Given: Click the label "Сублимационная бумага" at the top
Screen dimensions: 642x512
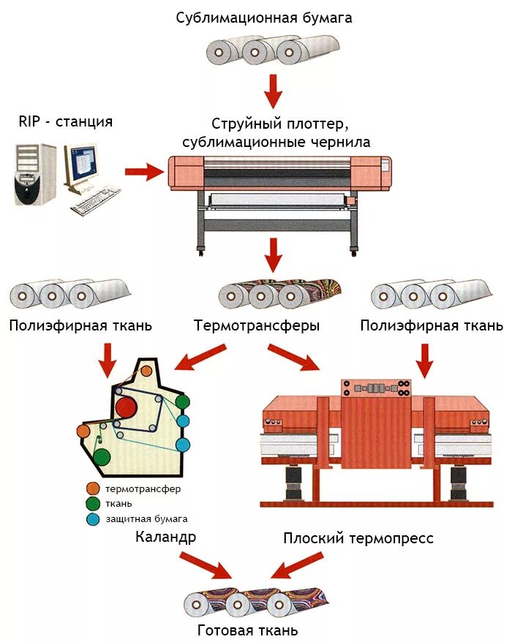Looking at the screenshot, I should coord(264,17).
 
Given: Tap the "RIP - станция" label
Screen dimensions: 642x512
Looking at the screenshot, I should coord(66,121).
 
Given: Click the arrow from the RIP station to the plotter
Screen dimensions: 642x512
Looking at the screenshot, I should coord(143,173).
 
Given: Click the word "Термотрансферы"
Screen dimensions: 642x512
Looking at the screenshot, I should coord(257,326).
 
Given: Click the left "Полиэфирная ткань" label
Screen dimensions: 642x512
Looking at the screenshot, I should coord(81,325).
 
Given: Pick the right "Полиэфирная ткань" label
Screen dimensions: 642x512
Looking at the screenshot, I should coord(432,325).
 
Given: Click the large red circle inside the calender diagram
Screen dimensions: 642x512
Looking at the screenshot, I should coord(126,407).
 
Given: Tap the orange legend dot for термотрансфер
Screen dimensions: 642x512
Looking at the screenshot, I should coord(92,488).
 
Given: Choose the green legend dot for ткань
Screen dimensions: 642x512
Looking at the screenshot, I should coord(92,504).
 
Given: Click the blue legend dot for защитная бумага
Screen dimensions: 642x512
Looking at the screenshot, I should coord(92,519).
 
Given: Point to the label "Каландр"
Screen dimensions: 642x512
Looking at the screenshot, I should coord(166,538).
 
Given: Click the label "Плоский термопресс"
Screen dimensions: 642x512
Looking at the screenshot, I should coord(358,539).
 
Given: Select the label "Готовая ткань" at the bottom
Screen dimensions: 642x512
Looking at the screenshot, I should coord(248,630).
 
